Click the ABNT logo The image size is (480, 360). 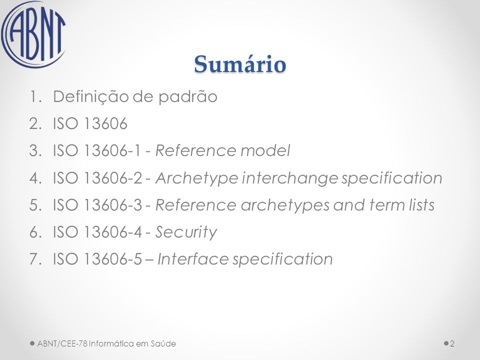(x=33, y=34)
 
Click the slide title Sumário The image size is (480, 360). (x=240, y=64)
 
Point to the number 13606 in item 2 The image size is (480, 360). (x=105, y=123)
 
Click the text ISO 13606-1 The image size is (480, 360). (x=97, y=150)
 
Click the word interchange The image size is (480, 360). (x=290, y=178)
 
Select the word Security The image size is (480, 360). (x=186, y=232)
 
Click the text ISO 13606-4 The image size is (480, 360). (x=97, y=231)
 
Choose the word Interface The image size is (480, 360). (x=193, y=259)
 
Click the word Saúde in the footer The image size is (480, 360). (x=163, y=343)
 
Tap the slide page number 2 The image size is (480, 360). (x=452, y=344)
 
